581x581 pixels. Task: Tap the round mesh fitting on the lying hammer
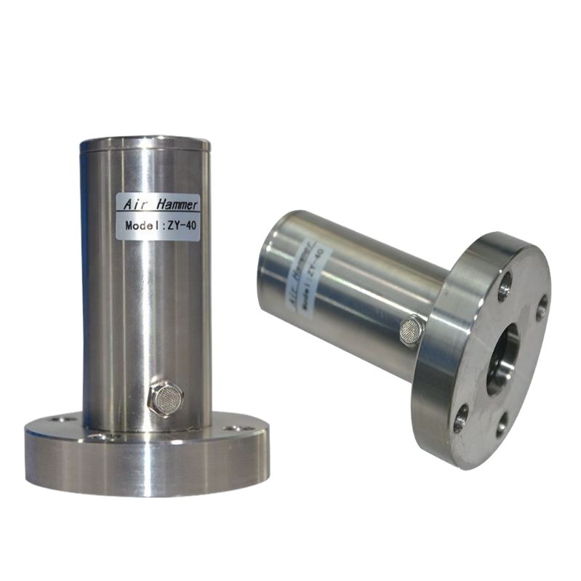[x=410, y=328]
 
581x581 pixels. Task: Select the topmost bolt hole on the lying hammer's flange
[x=505, y=283]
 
